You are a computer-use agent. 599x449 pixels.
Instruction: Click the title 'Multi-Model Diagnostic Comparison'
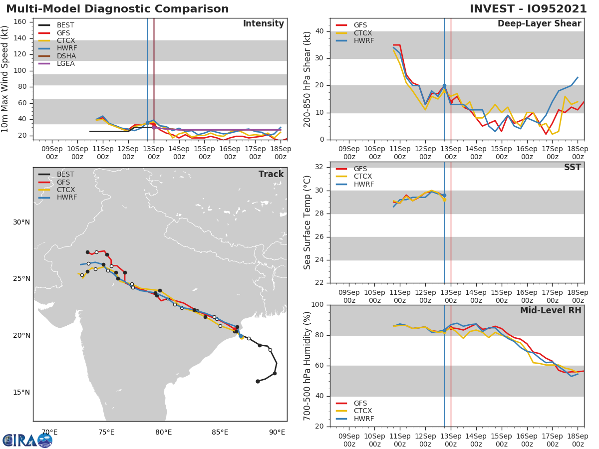tap(117, 9)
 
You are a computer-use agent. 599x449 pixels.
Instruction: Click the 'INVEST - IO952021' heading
tap(529, 9)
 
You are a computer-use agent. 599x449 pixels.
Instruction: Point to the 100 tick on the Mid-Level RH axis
tap(318, 305)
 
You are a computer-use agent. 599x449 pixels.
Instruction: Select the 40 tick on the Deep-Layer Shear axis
tap(321, 31)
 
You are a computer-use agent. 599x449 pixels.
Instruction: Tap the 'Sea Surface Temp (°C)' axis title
tap(307, 223)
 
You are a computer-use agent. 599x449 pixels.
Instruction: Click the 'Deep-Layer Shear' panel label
tap(539, 24)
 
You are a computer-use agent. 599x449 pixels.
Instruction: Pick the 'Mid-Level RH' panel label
tap(551, 310)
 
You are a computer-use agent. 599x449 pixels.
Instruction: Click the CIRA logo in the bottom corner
tap(27, 440)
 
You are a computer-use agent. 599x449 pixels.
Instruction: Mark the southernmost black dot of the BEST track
tap(258, 381)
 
